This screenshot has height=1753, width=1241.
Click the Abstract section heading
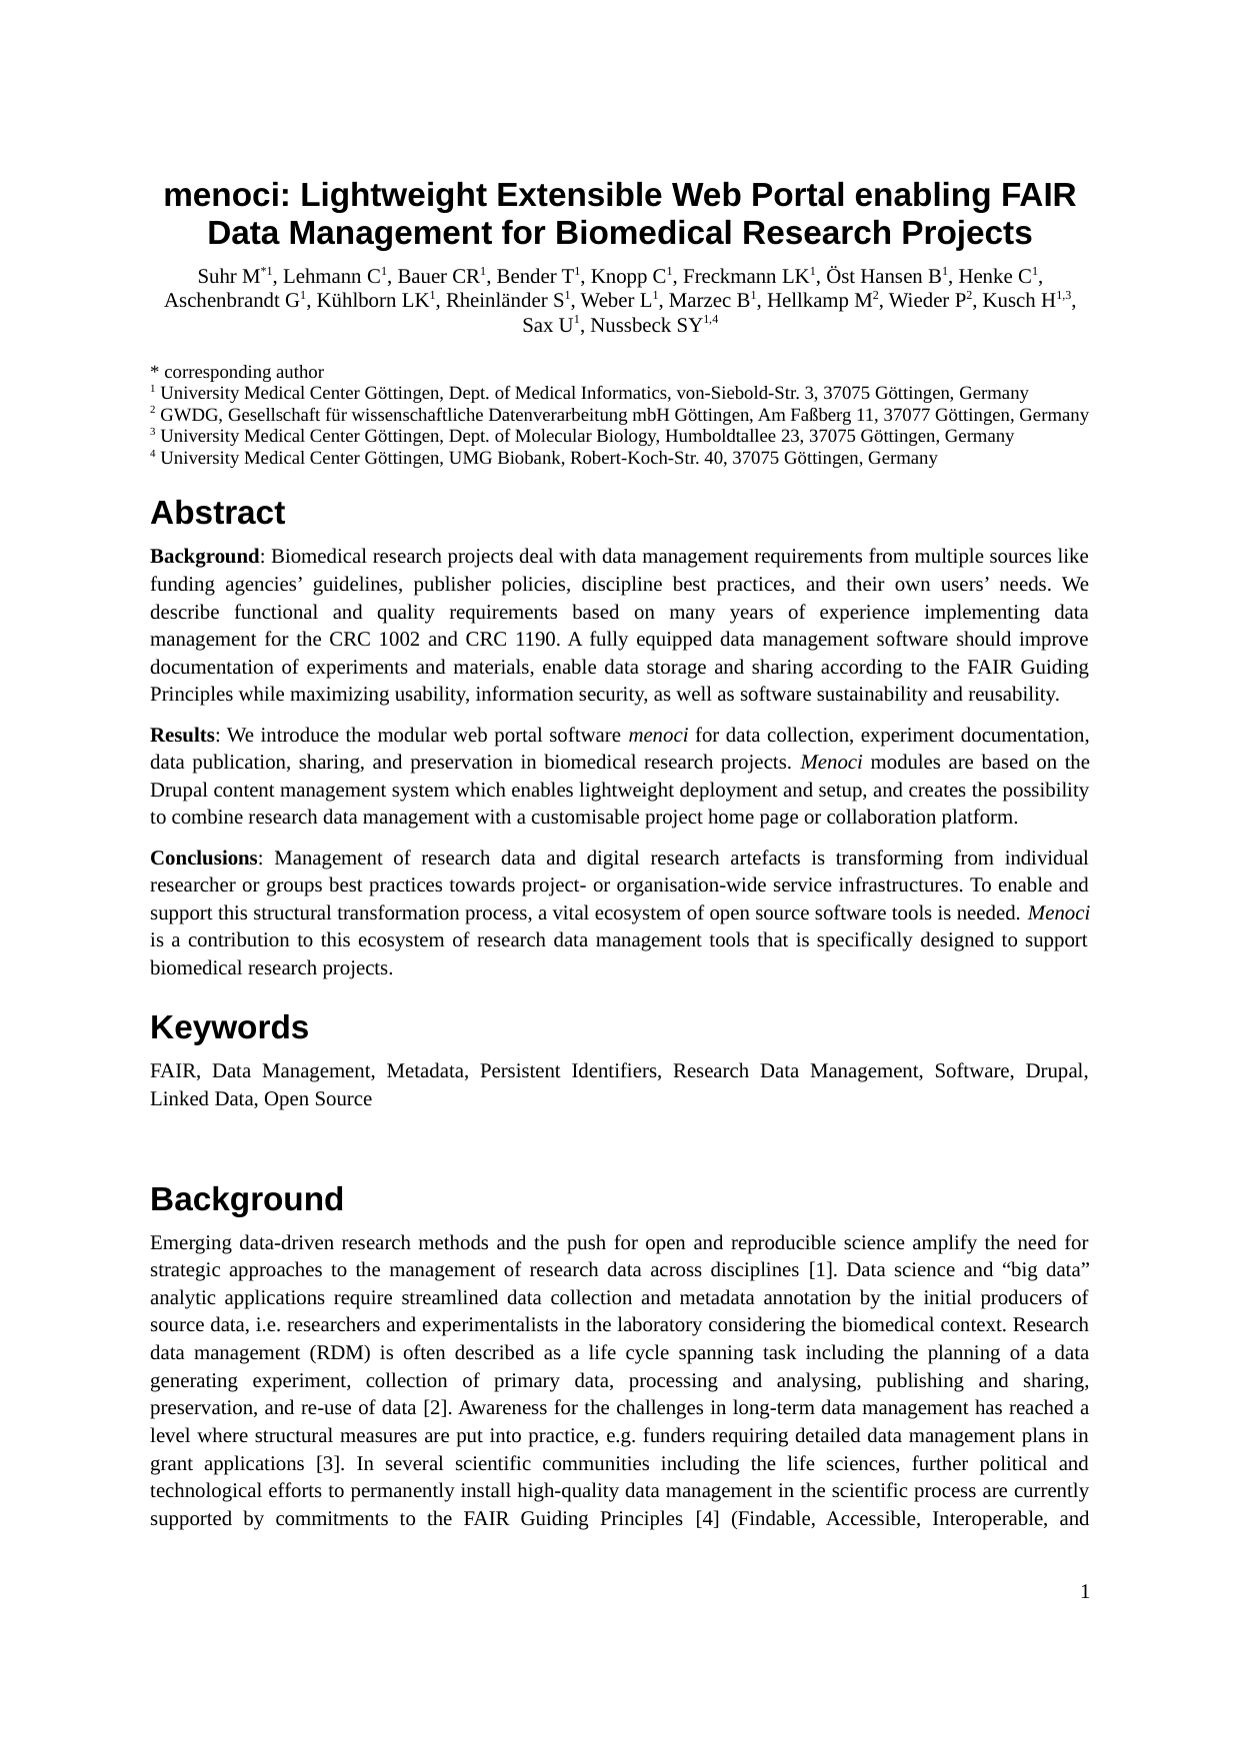coord(217,513)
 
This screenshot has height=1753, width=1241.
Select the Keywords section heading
coord(229,1027)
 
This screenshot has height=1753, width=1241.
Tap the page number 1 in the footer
coord(1084,1591)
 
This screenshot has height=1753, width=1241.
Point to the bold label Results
coord(182,736)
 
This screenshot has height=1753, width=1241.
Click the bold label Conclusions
coord(204,859)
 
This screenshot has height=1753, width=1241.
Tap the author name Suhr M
coord(228,277)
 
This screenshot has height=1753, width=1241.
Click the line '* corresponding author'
coord(237,372)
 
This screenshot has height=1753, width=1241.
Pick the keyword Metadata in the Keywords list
coord(425,1071)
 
